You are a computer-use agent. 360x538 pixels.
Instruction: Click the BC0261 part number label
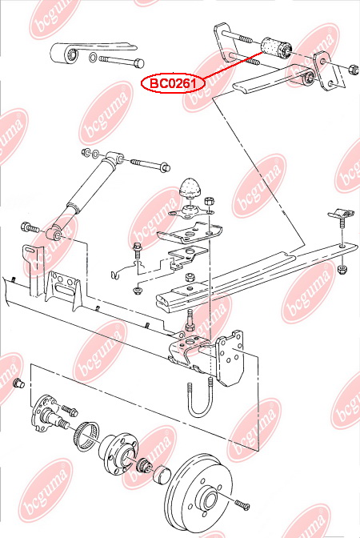[x=172, y=82]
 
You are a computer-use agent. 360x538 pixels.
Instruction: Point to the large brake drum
[x=200, y=493]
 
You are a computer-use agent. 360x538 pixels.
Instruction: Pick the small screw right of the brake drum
[x=243, y=504]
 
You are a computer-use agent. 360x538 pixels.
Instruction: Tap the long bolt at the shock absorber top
[x=145, y=164]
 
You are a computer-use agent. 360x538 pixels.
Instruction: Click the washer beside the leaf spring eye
[x=94, y=58]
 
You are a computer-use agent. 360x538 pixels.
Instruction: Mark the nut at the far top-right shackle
[x=353, y=68]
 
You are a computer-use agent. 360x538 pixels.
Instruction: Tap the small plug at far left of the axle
[x=18, y=383]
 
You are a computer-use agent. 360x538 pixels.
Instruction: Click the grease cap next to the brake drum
[x=160, y=475]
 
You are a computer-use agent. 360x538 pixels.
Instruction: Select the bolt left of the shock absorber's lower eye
[x=31, y=228]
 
